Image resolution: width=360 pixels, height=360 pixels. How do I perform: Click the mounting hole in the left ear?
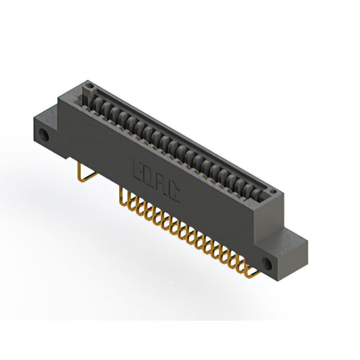[43, 135]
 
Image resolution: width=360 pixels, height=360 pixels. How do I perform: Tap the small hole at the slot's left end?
[88, 85]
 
